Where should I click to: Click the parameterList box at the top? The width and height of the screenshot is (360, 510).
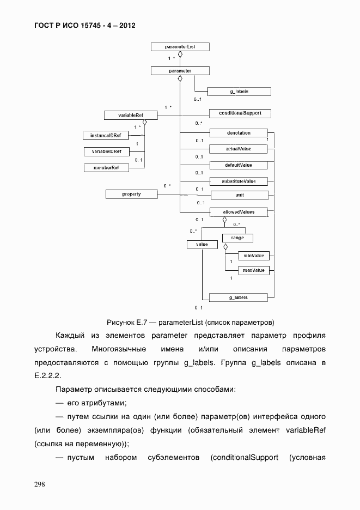(180, 47)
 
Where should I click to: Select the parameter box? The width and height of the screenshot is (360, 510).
(180, 71)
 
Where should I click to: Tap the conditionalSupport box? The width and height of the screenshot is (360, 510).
(240, 113)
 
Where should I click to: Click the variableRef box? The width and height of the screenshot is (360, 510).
(130, 115)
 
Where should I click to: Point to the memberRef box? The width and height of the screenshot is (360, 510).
(106, 168)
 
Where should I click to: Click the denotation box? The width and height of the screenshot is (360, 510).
(238, 132)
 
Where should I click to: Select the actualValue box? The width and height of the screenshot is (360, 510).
(238, 149)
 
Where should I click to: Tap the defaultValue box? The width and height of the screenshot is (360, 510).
(238, 165)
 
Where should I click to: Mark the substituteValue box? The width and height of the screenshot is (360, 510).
(238, 181)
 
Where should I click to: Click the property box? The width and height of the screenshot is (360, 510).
(131, 193)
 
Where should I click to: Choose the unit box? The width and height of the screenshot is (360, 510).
(238, 195)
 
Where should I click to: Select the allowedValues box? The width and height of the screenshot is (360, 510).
(238, 211)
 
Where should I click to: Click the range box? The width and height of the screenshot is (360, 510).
(237, 238)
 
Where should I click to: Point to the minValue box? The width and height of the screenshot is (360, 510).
(253, 255)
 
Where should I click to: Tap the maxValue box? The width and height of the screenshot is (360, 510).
(253, 270)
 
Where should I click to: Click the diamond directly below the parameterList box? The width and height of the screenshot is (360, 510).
(180, 54)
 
